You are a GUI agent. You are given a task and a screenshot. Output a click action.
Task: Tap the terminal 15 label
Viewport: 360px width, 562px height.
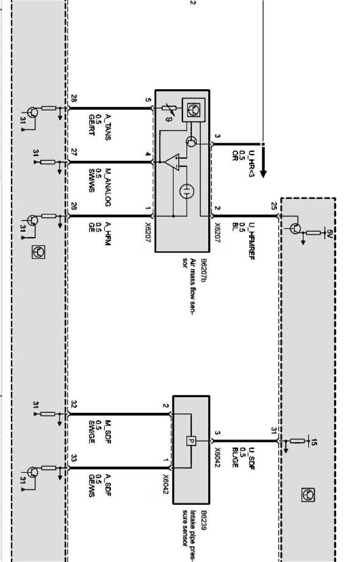coord(314,442)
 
